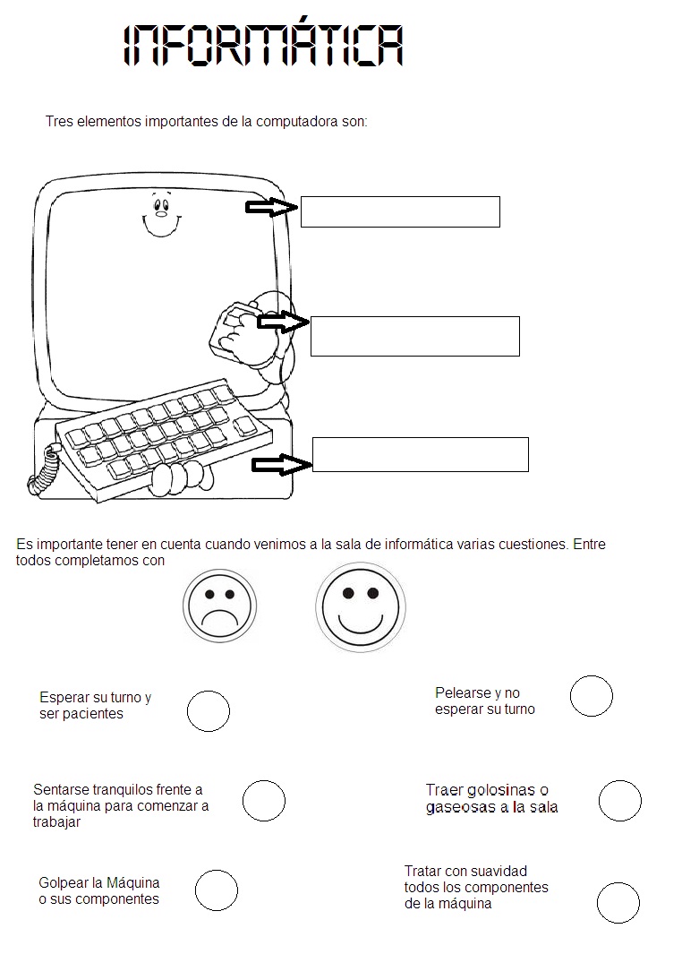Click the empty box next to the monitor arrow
[x=399, y=211]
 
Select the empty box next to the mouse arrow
[x=414, y=336]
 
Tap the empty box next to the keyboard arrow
[x=420, y=454]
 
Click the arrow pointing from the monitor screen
[x=271, y=208]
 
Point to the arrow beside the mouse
[x=282, y=322]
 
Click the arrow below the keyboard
[x=280, y=464]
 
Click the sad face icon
[x=219, y=606]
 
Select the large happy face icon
[x=360, y=607]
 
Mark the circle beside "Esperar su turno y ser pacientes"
[x=209, y=711]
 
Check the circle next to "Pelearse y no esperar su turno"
[x=591, y=695]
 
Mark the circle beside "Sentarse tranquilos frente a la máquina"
[x=263, y=801]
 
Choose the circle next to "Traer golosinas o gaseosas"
[x=619, y=800]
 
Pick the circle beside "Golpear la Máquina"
[x=216, y=890]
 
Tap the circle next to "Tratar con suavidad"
[x=618, y=901]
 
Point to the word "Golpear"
[x=64, y=882]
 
